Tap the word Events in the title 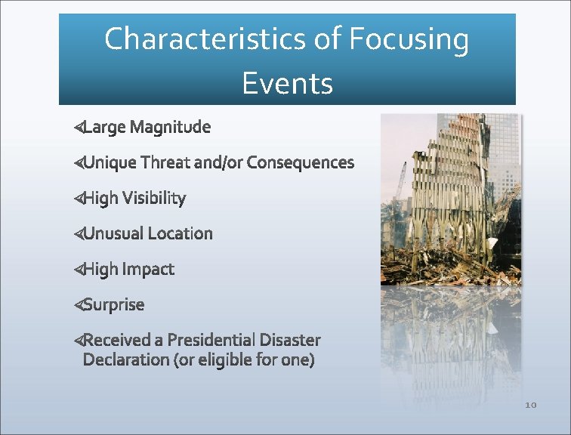287,83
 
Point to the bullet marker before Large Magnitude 78,128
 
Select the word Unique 110,162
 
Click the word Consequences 300,162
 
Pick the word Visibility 154,199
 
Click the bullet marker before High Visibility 78,199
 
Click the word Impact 149,269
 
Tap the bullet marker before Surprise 78,305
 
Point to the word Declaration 126,359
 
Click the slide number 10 530,406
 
